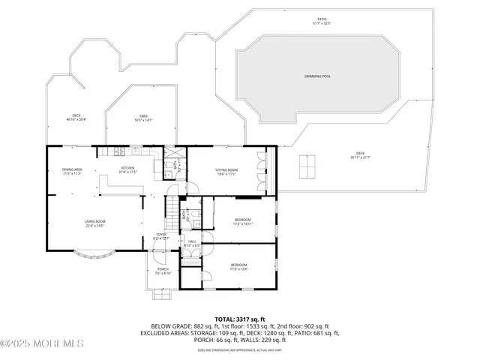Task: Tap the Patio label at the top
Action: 322,22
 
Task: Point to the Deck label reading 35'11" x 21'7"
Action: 360,156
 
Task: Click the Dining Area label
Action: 72,171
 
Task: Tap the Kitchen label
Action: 128,170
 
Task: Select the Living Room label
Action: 94,223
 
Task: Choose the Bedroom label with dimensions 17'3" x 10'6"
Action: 238,266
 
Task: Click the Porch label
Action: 163,271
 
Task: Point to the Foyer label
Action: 161,236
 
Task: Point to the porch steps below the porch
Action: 163,293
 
